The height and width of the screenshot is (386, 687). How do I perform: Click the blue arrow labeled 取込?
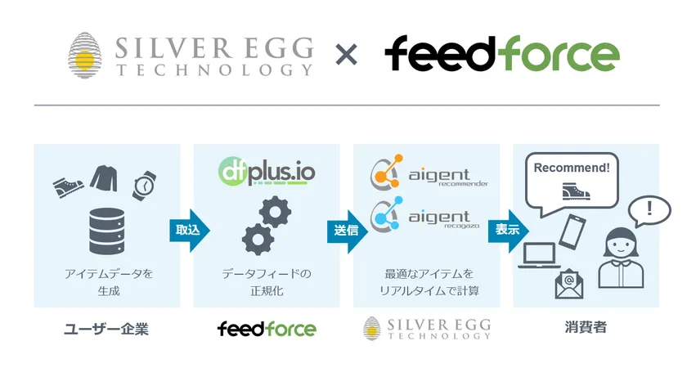(x=189, y=231)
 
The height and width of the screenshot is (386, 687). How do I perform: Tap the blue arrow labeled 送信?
(x=347, y=231)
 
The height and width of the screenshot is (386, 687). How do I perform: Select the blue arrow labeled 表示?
(x=508, y=231)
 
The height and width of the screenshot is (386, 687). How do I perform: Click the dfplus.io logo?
(x=267, y=171)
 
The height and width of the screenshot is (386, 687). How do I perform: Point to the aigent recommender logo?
(x=429, y=173)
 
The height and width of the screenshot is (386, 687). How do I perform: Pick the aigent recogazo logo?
(x=425, y=215)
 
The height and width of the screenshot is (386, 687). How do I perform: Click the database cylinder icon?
(x=106, y=231)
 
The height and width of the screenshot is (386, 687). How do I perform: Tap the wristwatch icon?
(x=144, y=186)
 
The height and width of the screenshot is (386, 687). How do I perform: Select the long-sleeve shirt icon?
(x=105, y=178)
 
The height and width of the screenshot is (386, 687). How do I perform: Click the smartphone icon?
(x=572, y=231)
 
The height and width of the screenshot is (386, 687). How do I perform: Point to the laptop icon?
(x=539, y=255)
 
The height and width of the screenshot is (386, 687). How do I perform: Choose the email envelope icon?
(x=568, y=284)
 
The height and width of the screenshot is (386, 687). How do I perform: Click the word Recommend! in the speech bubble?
(x=572, y=168)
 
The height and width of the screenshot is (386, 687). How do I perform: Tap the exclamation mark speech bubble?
(x=649, y=211)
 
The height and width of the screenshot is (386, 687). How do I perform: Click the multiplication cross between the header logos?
(x=346, y=55)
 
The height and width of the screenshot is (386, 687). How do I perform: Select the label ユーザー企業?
(x=106, y=329)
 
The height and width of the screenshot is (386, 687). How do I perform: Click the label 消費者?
(x=586, y=327)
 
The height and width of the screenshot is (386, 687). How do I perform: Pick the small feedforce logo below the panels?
(x=267, y=329)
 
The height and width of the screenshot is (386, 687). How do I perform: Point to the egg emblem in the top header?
(x=85, y=56)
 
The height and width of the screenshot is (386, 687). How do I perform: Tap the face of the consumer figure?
(x=621, y=248)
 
